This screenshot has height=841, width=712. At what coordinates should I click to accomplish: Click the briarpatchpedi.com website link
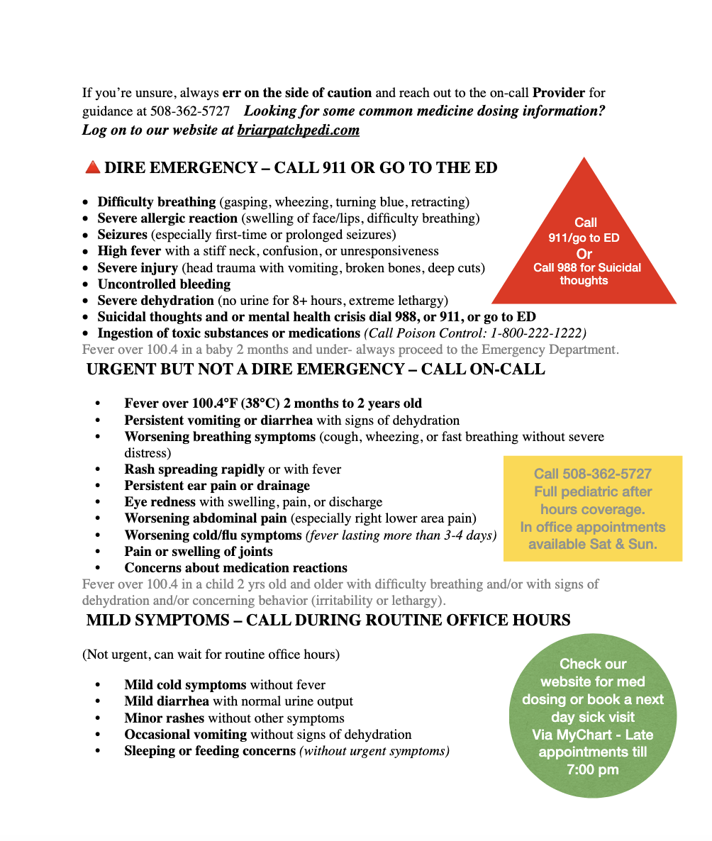299,130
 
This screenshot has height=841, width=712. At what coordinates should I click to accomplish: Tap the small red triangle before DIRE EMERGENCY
92,168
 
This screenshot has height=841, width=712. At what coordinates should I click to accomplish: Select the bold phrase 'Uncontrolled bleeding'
164,284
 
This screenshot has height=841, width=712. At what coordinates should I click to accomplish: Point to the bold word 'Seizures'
123,235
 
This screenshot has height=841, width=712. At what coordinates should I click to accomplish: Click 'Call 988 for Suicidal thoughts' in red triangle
586,274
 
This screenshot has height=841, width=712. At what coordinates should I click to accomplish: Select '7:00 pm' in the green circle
592,769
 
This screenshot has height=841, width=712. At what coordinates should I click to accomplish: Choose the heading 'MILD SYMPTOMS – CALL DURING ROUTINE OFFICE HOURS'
328,620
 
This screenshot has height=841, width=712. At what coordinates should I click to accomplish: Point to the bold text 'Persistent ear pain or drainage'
217,486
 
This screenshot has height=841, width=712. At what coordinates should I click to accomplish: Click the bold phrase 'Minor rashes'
165,718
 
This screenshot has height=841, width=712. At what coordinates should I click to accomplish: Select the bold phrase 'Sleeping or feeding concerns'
210,750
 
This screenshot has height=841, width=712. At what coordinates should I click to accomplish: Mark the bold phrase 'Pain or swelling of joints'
199,551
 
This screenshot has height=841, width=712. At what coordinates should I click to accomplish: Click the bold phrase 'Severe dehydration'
156,301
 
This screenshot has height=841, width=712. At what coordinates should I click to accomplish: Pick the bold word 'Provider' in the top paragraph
559,93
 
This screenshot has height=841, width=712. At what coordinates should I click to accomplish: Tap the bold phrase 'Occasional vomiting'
186,734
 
